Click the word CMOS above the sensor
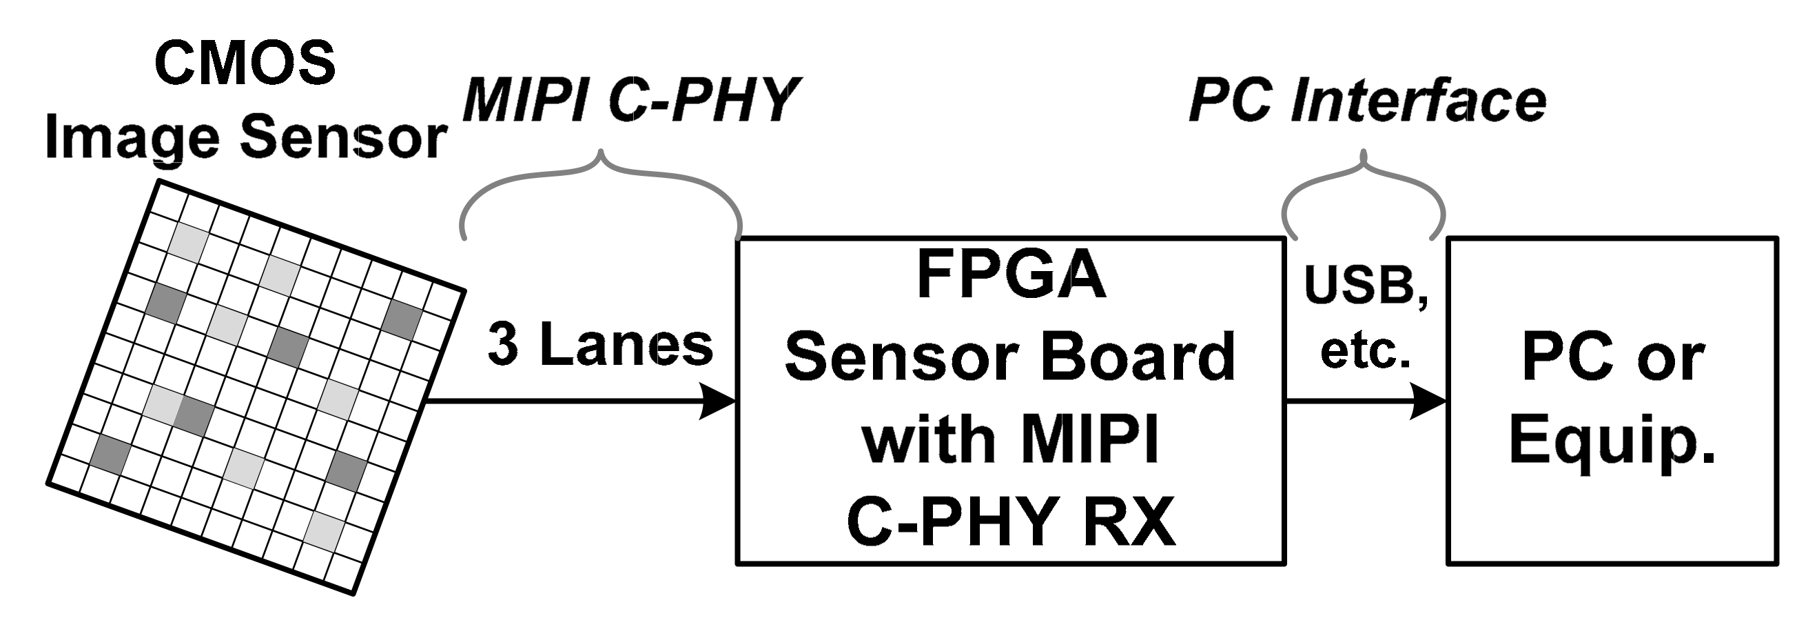pos(245,64)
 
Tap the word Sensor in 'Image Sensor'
pos(343,137)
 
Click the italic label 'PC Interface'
pos(1367,101)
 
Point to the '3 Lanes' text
pos(600,345)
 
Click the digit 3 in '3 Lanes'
pos(502,345)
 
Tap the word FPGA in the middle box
pos(1011,275)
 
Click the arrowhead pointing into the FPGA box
pos(718,401)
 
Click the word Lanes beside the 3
pos(626,345)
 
